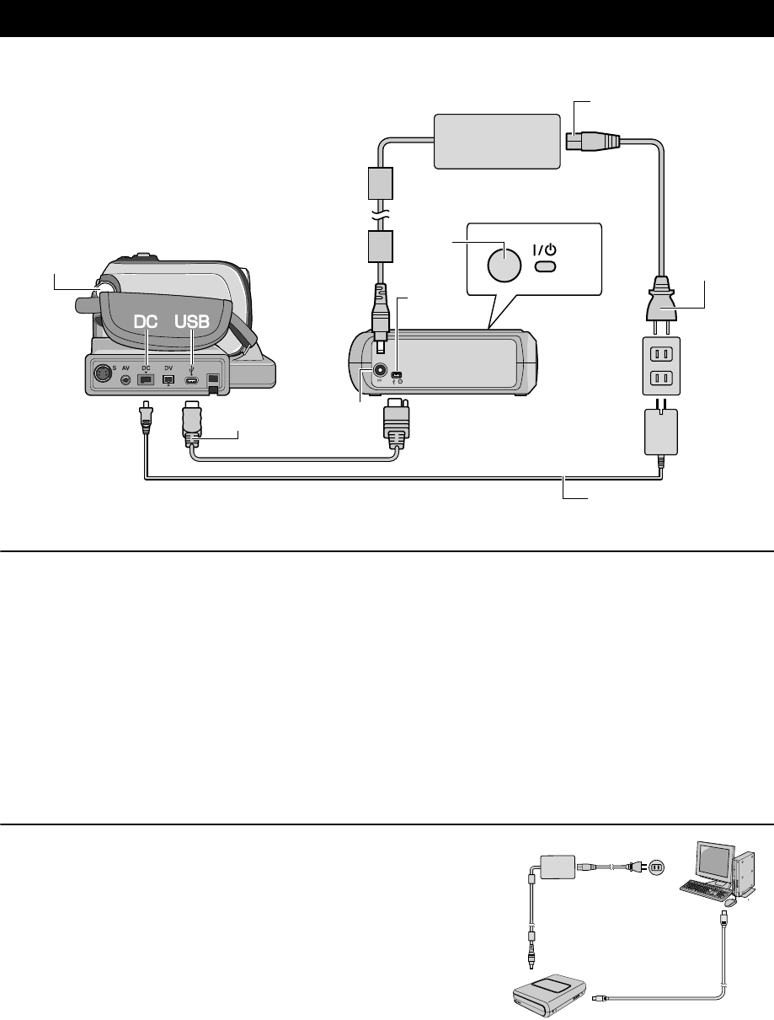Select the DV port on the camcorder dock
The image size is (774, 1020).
pyautogui.click(x=168, y=381)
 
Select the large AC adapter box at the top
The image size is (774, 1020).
pyautogui.click(x=496, y=142)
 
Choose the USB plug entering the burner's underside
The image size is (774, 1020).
pyautogui.click(x=395, y=422)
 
